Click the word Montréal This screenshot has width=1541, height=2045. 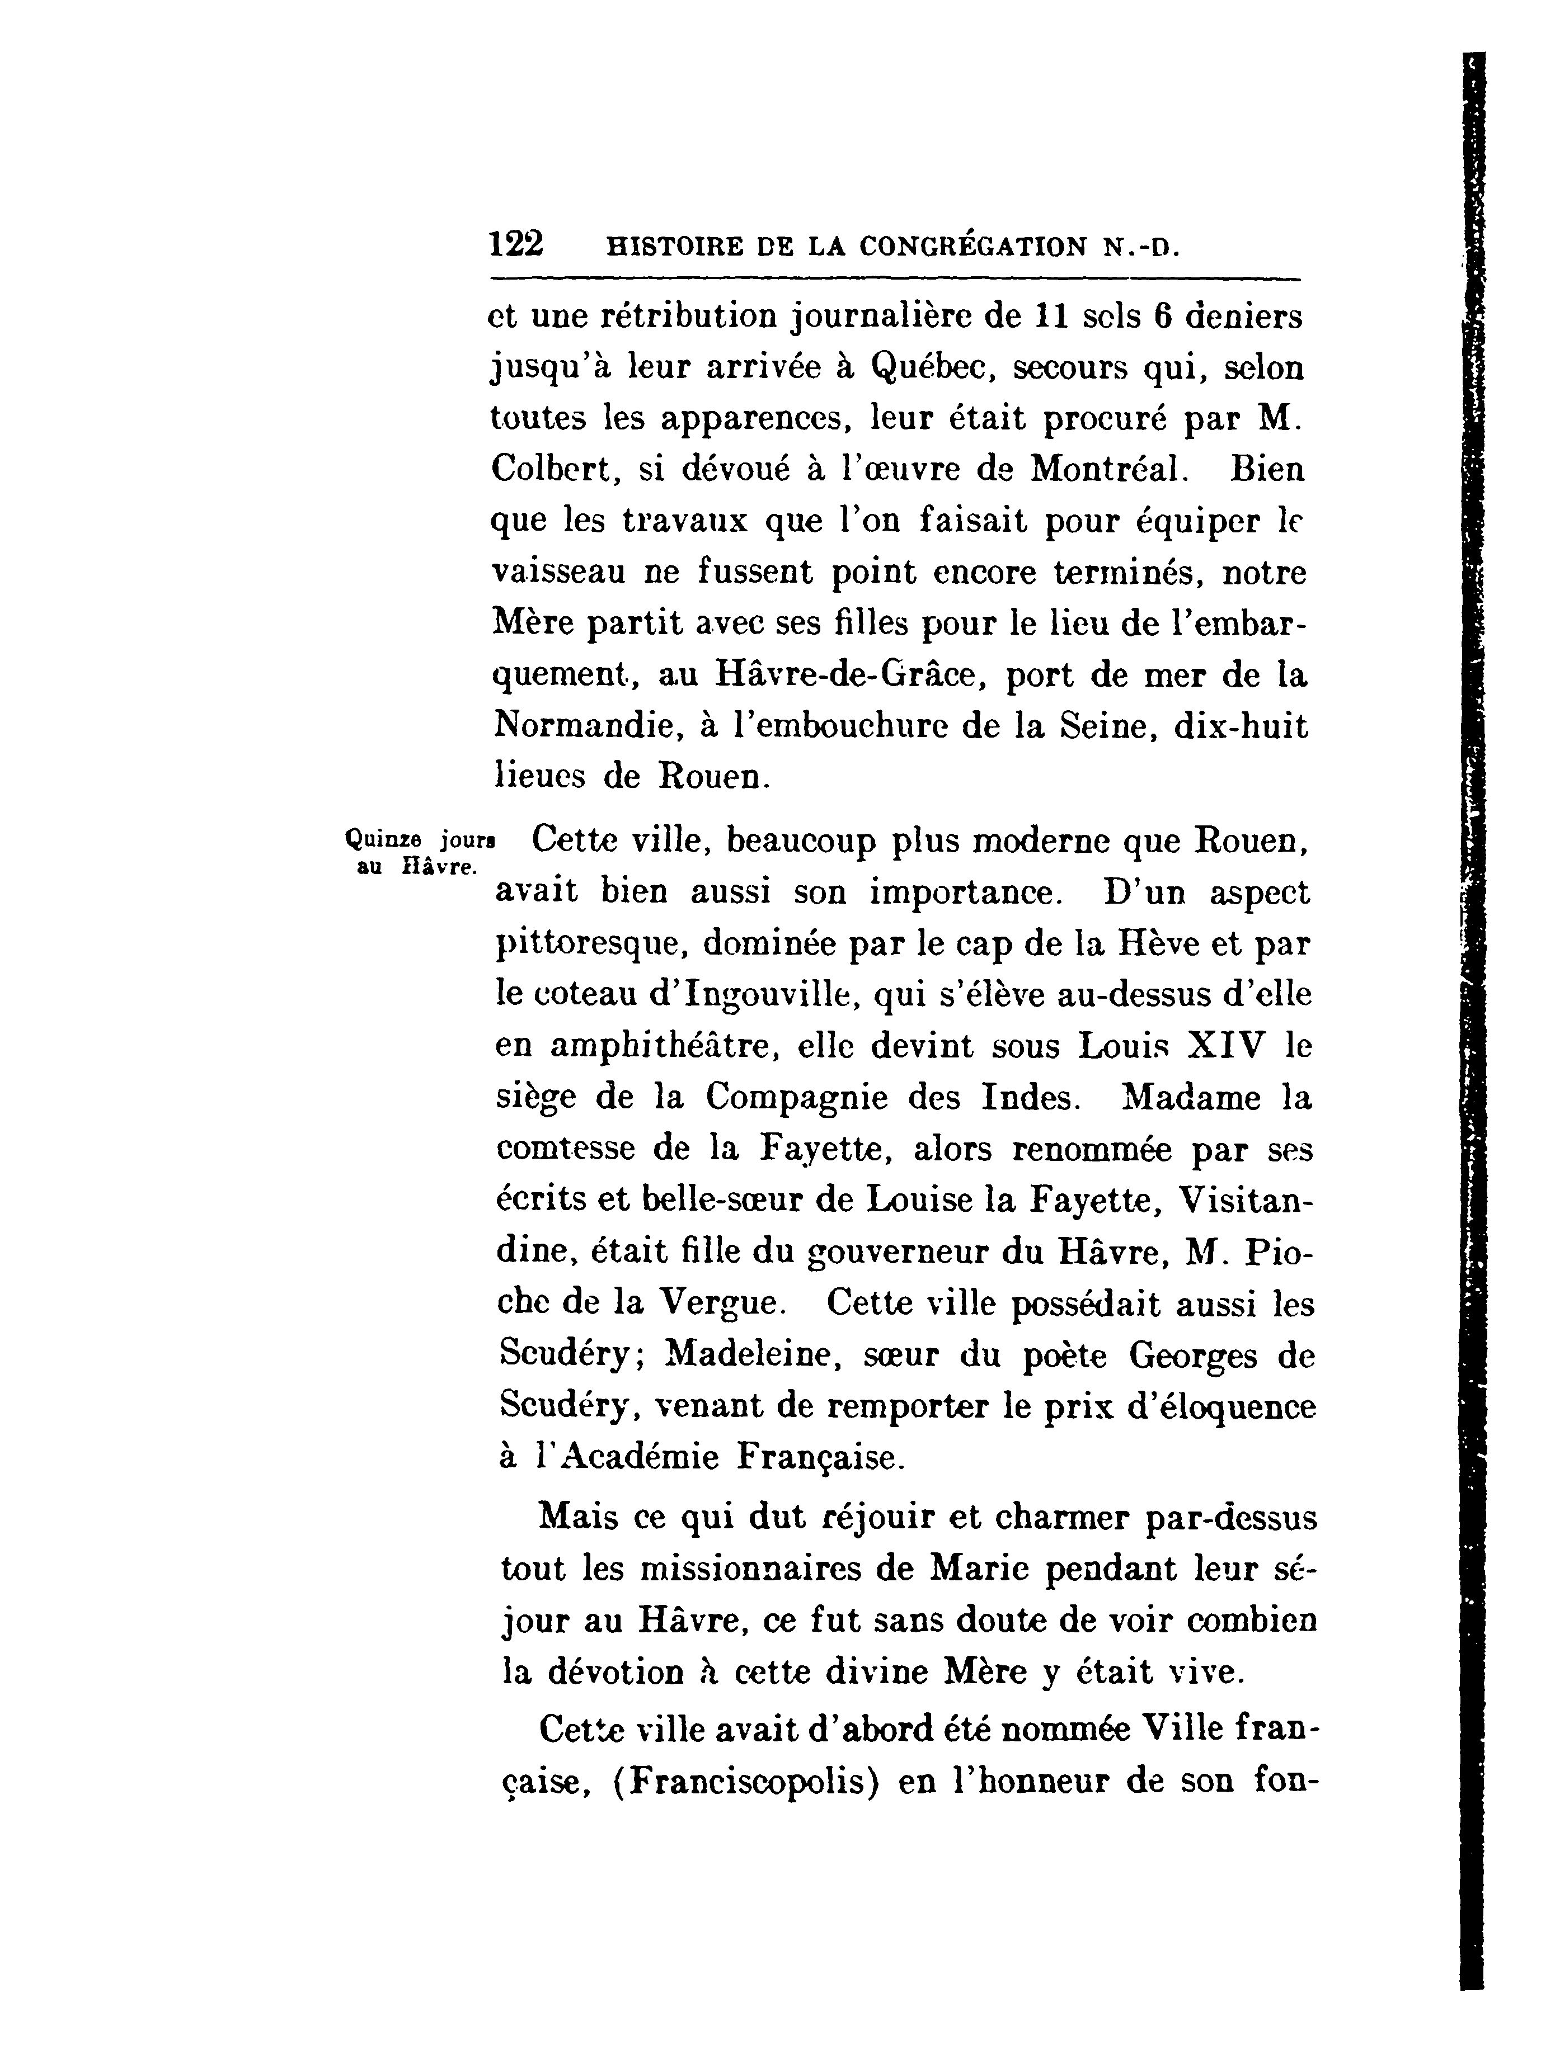coord(1105,470)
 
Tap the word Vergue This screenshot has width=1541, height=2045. coord(721,1303)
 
